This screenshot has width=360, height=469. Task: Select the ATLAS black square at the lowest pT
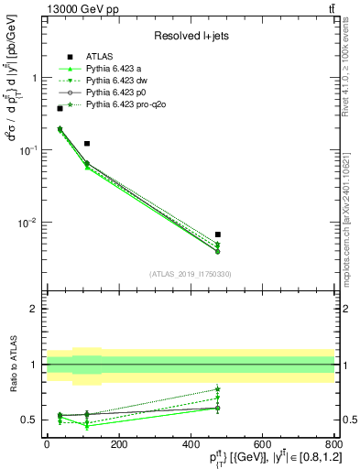click(x=60, y=108)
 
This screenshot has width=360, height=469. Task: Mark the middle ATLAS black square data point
click(x=87, y=144)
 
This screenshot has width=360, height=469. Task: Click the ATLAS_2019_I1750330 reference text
click(x=190, y=274)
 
